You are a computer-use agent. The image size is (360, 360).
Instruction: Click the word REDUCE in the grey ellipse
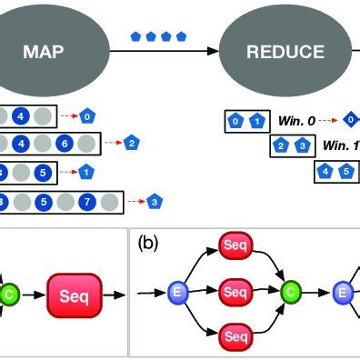[x=285, y=52]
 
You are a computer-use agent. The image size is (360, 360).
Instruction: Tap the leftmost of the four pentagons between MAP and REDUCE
[x=136, y=37]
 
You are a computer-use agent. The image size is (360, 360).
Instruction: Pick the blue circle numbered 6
[x=64, y=143]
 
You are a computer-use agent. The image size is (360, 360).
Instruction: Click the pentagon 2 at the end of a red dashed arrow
[x=132, y=143]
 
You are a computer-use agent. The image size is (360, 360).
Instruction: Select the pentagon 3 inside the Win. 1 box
[x=301, y=145]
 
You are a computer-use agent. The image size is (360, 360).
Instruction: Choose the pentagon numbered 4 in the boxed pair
[x=325, y=169]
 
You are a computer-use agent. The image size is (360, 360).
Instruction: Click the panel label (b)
[x=148, y=243]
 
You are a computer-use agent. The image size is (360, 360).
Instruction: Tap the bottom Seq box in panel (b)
[x=235, y=336]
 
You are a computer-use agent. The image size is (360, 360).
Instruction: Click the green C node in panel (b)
[x=290, y=293]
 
